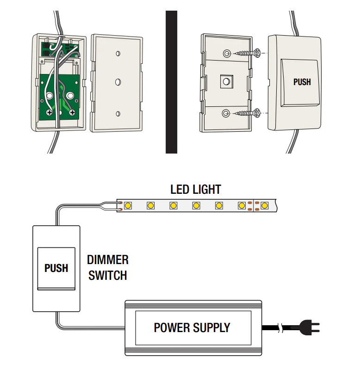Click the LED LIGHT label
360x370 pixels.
coord(196,190)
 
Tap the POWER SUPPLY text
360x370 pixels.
coord(192,327)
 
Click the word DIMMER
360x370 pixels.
coord(108,260)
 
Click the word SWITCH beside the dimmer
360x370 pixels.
coord(108,275)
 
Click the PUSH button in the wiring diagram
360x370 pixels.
coord(56,269)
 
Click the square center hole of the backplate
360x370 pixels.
coord(227,82)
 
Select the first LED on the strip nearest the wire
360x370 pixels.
coord(128,205)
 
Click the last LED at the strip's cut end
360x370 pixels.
coord(264,205)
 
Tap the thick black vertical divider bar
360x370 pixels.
coord(171,82)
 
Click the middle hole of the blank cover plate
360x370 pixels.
coord(118,82)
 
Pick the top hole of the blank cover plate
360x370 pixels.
coord(118,54)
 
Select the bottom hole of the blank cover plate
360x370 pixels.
coord(118,114)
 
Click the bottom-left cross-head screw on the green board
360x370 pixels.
coord(50,112)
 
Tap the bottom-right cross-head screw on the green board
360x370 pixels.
coord(72,112)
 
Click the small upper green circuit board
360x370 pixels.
coord(60,49)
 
